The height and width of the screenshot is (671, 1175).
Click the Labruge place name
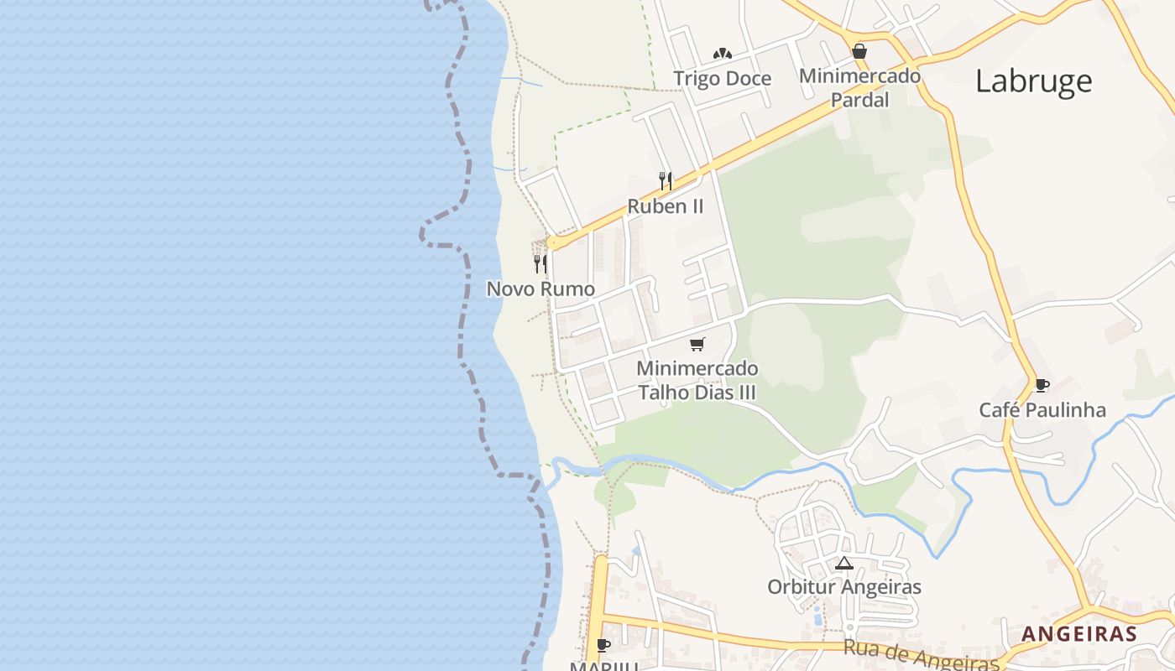(x=1033, y=81)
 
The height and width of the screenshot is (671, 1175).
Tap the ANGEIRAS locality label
(x=1078, y=634)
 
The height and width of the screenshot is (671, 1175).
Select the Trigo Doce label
(x=722, y=79)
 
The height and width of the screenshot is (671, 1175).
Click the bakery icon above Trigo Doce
(x=722, y=54)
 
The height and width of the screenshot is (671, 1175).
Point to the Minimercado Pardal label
(x=859, y=87)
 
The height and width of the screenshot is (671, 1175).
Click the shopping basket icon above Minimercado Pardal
(x=859, y=51)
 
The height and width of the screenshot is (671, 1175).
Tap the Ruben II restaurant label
(x=666, y=206)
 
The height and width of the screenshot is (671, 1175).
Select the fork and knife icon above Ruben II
(x=666, y=180)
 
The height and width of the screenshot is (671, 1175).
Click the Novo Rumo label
(x=540, y=289)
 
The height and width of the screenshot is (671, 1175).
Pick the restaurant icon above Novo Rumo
(x=540, y=263)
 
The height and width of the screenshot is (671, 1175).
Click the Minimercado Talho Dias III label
(x=697, y=380)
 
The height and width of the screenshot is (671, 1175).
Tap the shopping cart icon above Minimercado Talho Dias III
(x=697, y=344)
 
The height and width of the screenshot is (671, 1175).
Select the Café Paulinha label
(x=1042, y=410)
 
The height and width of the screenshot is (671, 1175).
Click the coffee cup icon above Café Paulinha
(x=1042, y=385)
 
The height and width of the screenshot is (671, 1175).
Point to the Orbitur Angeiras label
(x=844, y=587)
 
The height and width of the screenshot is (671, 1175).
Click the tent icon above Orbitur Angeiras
(x=844, y=563)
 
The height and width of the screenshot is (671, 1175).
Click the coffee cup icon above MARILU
(x=603, y=645)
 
